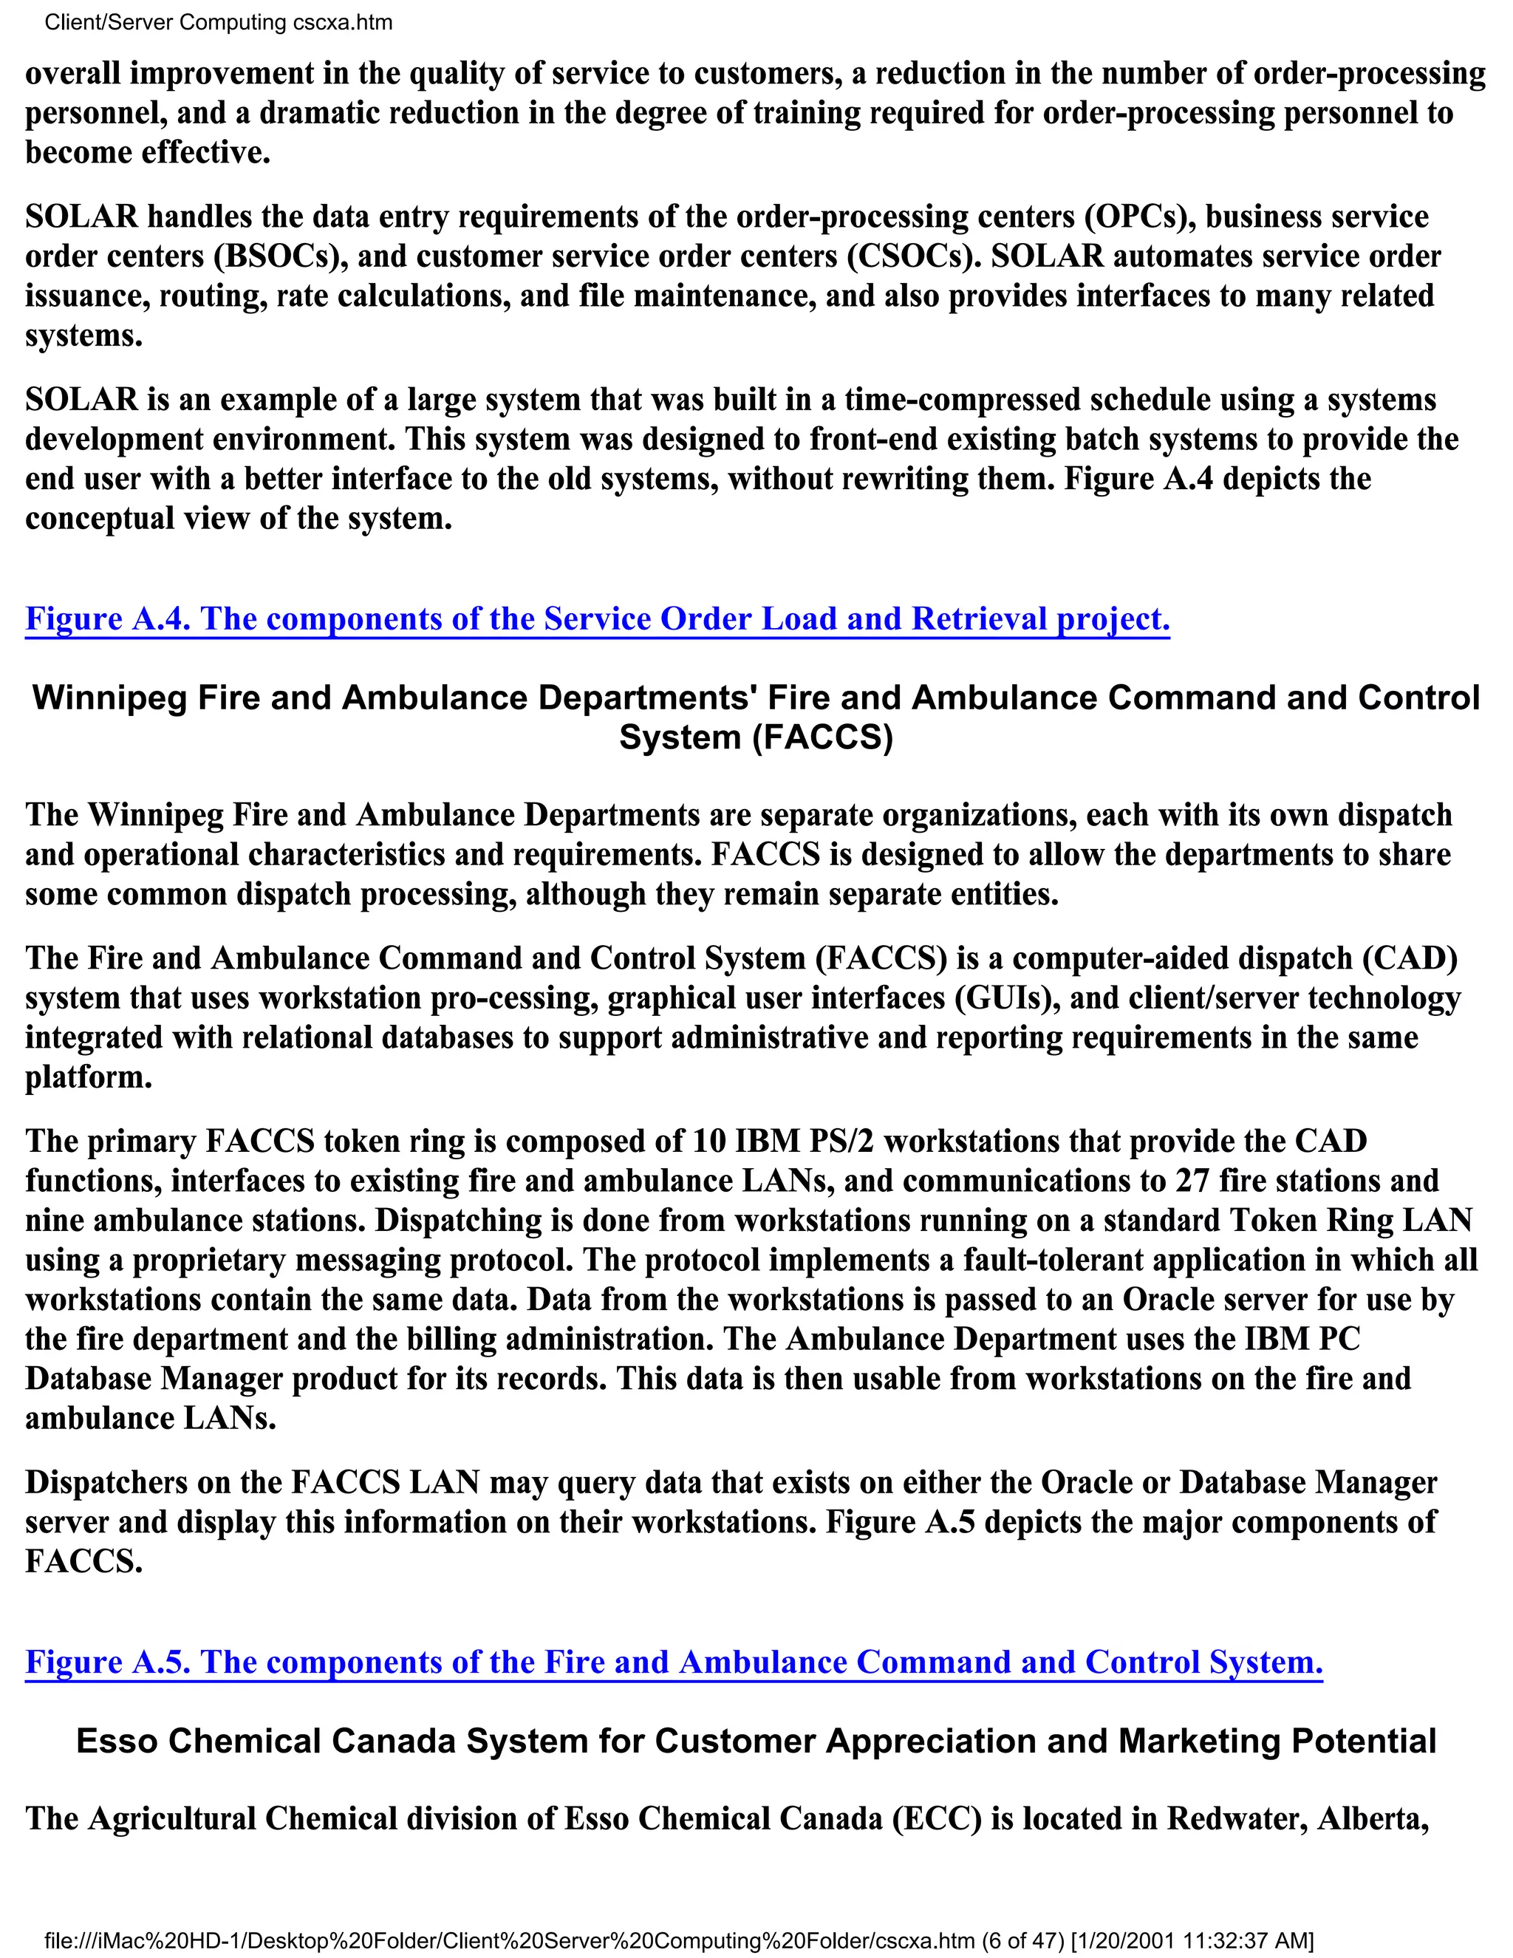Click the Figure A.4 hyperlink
[597, 618]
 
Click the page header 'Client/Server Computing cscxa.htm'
[218, 22]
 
